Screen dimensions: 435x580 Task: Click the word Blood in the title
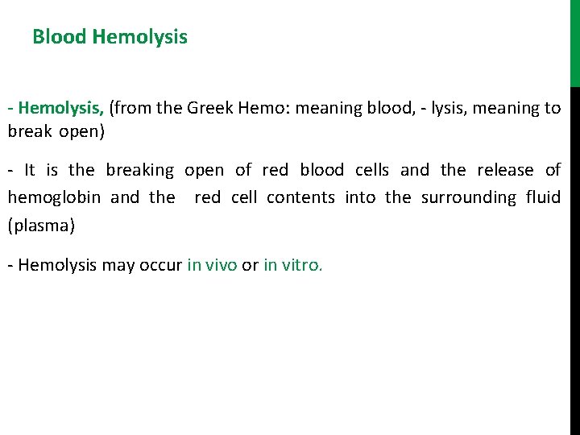[x=60, y=37]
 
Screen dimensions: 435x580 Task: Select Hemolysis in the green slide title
[x=140, y=37]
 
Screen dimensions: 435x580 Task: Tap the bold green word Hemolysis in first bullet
[x=60, y=107]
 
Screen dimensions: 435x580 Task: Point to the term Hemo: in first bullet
[x=265, y=107]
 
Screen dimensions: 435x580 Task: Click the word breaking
[x=139, y=170]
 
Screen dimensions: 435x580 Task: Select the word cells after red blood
[x=372, y=170]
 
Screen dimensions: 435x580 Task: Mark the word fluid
[x=542, y=197]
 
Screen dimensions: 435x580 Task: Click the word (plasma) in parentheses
[x=41, y=225]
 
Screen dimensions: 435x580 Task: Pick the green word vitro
[x=301, y=266]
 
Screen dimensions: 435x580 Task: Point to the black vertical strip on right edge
[x=574, y=258]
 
